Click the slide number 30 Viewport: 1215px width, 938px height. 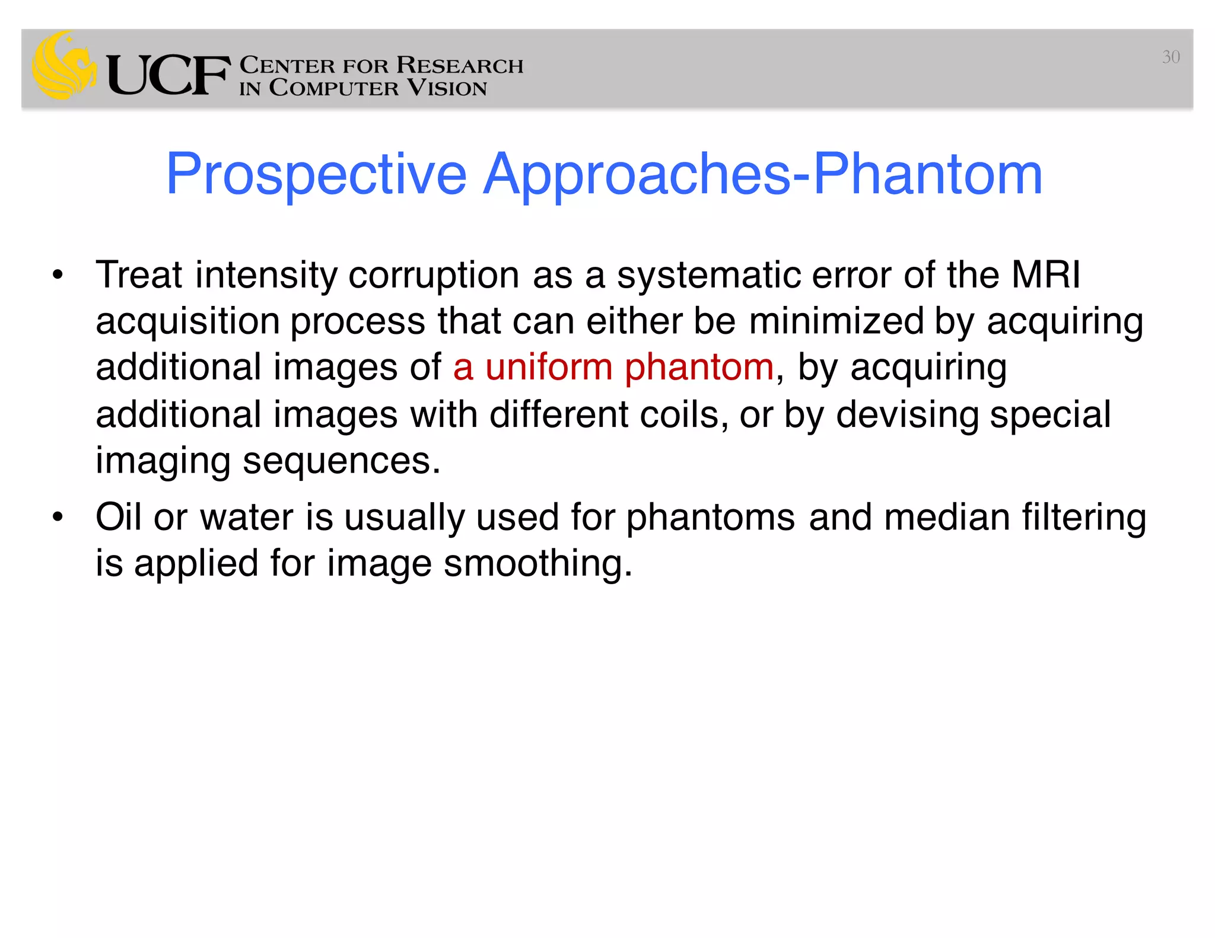[1171, 57]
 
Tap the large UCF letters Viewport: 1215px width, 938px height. [168, 75]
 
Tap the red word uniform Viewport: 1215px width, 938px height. [549, 366]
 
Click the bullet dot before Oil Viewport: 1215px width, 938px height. [57, 517]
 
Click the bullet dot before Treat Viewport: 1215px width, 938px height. [57, 275]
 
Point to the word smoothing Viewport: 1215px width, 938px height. [537, 563]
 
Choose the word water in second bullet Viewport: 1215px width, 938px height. [246, 516]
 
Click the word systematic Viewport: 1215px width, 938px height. [709, 276]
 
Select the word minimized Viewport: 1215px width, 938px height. [836, 321]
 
